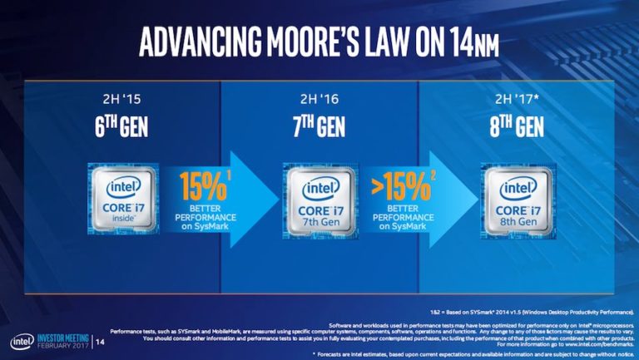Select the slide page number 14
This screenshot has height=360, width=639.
click(x=102, y=342)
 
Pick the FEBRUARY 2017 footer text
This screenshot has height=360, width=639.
click(x=62, y=347)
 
